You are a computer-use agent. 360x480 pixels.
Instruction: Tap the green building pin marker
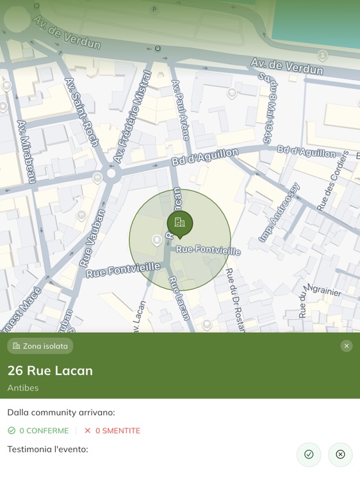pyautogui.click(x=180, y=223)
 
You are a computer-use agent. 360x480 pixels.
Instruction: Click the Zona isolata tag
pyautogui.click(x=40, y=346)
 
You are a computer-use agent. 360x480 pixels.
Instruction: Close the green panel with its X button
pyautogui.click(x=347, y=346)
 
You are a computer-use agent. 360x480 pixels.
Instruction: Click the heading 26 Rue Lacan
pyautogui.click(x=50, y=371)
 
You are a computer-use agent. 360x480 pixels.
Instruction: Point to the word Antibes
pyautogui.click(x=23, y=388)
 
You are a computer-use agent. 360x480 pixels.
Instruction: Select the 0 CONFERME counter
pyautogui.click(x=38, y=431)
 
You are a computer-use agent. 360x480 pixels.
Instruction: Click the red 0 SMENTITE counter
pyautogui.click(x=112, y=431)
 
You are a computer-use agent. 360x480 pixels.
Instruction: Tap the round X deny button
pyautogui.click(x=340, y=454)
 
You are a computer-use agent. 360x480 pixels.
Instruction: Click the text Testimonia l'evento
pyautogui.click(x=47, y=449)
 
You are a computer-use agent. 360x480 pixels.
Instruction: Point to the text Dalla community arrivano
pyautogui.click(x=61, y=413)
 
